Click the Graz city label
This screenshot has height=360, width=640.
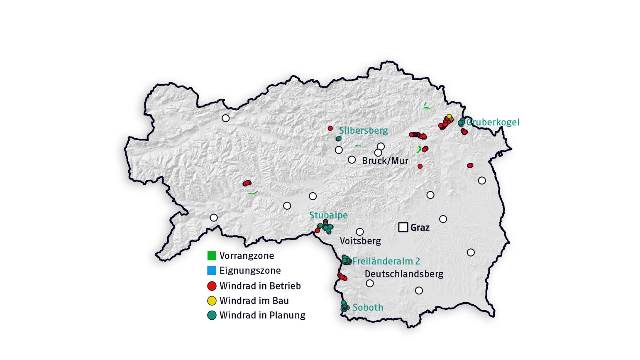point(420,228)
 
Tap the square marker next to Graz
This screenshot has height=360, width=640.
point(403,227)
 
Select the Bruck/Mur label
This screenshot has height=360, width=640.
point(385,161)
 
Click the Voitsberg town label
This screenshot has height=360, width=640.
point(360,241)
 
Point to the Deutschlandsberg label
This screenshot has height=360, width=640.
point(404,274)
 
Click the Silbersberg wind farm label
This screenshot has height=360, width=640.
point(363,130)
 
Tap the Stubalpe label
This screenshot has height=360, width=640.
point(328,215)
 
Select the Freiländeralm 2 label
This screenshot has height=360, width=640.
point(386,261)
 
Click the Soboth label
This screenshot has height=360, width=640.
point(368,307)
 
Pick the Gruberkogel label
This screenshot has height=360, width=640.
point(493,122)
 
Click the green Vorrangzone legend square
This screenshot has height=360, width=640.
point(212,256)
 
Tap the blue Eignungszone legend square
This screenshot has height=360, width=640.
point(212,270)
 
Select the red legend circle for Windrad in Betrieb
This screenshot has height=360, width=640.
point(212,286)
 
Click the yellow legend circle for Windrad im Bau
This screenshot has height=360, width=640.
point(212,301)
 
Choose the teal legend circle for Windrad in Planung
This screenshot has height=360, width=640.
point(212,315)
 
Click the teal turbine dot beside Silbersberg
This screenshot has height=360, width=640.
point(339,139)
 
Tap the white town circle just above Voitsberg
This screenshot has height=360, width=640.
point(360,232)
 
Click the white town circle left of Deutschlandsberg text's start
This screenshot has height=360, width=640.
point(370,283)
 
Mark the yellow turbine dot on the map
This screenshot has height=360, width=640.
point(449,117)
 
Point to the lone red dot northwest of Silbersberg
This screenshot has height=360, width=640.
point(330,128)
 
